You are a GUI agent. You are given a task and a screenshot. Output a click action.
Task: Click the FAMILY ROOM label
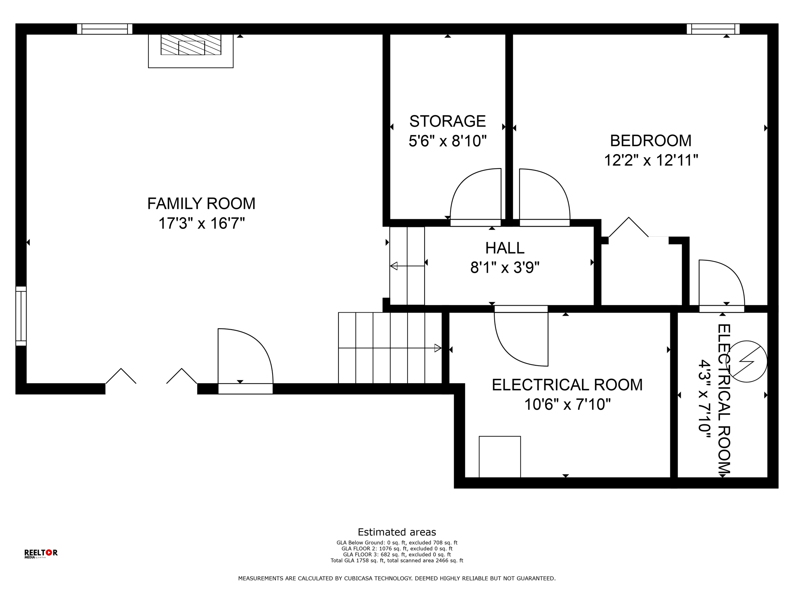[201, 204]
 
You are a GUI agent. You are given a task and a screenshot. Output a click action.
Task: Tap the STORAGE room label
[447, 121]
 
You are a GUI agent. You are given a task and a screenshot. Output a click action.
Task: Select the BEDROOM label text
[651, 141]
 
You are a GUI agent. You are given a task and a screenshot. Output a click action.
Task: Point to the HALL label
[505, 248]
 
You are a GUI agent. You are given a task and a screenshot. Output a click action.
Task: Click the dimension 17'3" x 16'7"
[202, 224]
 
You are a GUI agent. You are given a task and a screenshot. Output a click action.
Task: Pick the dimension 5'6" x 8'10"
[447, 141]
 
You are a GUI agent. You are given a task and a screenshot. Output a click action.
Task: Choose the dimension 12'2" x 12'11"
[651, 160]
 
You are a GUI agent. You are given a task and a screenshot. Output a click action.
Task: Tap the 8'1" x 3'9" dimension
[505, 268]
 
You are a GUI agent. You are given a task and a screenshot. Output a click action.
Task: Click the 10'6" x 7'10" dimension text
[567, 405]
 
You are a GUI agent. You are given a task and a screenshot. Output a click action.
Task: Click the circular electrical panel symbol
[746, 361]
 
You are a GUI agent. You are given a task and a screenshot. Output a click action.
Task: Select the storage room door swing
[475, 196]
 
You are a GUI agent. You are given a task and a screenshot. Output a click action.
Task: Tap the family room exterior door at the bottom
[245, 361]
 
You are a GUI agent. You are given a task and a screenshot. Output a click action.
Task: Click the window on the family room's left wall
[21, 316]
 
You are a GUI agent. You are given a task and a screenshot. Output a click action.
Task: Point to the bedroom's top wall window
[713, 29]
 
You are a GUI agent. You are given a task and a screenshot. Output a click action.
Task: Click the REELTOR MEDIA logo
[41, 554]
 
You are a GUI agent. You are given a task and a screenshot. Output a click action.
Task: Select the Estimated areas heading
[397, 532]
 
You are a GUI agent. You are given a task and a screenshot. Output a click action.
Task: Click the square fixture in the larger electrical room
[500, 457]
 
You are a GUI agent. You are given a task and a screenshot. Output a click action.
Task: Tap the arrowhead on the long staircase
[438, 348]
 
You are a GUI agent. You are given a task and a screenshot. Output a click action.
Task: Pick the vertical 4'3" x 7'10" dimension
[705, 399]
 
